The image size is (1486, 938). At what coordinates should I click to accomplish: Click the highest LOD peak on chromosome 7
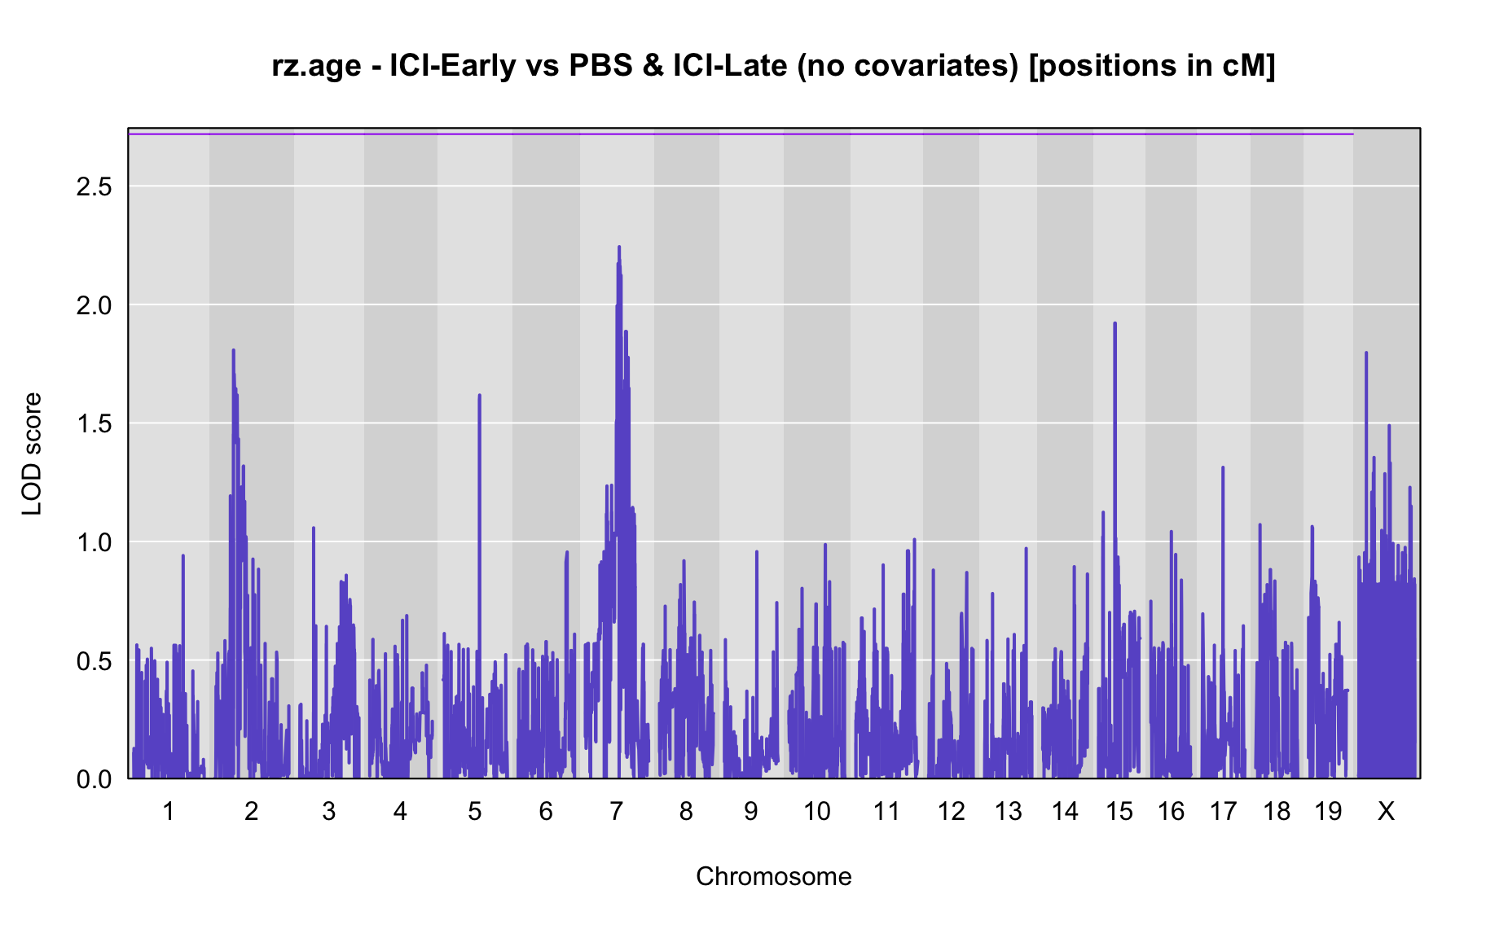coord(619,247)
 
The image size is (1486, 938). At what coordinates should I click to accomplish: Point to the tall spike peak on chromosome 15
coord(1114,323)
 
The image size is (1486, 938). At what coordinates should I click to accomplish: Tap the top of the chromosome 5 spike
coord(479,396)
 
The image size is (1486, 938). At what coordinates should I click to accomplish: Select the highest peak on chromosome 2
coord(233,350)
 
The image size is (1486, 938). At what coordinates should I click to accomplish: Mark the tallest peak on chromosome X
coord(1366,353)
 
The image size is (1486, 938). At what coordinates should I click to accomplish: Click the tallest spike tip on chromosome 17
coord(1222,467)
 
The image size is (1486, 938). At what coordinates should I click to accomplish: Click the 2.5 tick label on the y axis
coord(94,186)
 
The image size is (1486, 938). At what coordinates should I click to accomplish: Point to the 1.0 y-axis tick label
coord(94,542)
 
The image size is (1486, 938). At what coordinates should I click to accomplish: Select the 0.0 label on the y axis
coord(94,779)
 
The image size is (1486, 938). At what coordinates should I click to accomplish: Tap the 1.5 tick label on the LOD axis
coord(94,423)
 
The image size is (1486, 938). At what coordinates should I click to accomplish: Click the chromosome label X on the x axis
coord(1386,811)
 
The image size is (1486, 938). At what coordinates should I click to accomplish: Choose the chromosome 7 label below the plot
coord(616,811)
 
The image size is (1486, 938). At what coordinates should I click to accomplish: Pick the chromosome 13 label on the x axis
coord(1009,811)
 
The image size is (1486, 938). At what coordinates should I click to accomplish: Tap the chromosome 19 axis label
coord(1328,811)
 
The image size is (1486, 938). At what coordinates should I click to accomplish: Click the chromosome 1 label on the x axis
coord(169,811)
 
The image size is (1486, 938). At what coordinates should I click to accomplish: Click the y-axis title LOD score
coord(32,454)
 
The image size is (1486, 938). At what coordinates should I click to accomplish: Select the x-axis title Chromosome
coord(774,876)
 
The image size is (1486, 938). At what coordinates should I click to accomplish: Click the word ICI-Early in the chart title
coord(453,65)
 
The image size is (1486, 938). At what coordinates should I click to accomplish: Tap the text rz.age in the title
coord(316,67)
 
